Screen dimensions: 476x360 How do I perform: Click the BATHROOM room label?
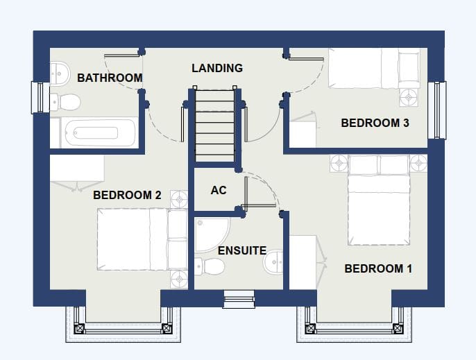coord(110,78)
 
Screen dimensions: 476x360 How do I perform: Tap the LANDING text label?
coord(217,68)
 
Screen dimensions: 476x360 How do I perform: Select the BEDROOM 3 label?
coord(375,123)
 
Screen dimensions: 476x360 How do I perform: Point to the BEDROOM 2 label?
coord(127,195)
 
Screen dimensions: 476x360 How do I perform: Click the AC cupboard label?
coord(219,190)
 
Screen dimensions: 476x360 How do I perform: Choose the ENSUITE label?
coord(242,250)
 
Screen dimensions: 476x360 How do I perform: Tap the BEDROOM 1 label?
coord(378,268)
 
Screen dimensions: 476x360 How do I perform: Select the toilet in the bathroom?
coord(65,102)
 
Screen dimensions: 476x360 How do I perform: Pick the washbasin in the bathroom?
coord(60,74)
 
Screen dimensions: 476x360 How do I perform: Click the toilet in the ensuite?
coord(210,266)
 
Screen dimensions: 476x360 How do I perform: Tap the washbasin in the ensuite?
coord(273,263)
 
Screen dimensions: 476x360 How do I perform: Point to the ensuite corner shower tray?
coord(212,235)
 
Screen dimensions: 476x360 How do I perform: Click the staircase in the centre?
coord(214,126)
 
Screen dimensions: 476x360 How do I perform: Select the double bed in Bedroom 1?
coord(379,200)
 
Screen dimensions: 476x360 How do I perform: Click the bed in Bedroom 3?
coord(375,68)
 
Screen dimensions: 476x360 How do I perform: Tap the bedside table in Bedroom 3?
coord(409,97)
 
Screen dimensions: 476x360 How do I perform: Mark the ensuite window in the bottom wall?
coord(239,299)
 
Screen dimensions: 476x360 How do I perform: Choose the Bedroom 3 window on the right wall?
coord(437,110)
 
